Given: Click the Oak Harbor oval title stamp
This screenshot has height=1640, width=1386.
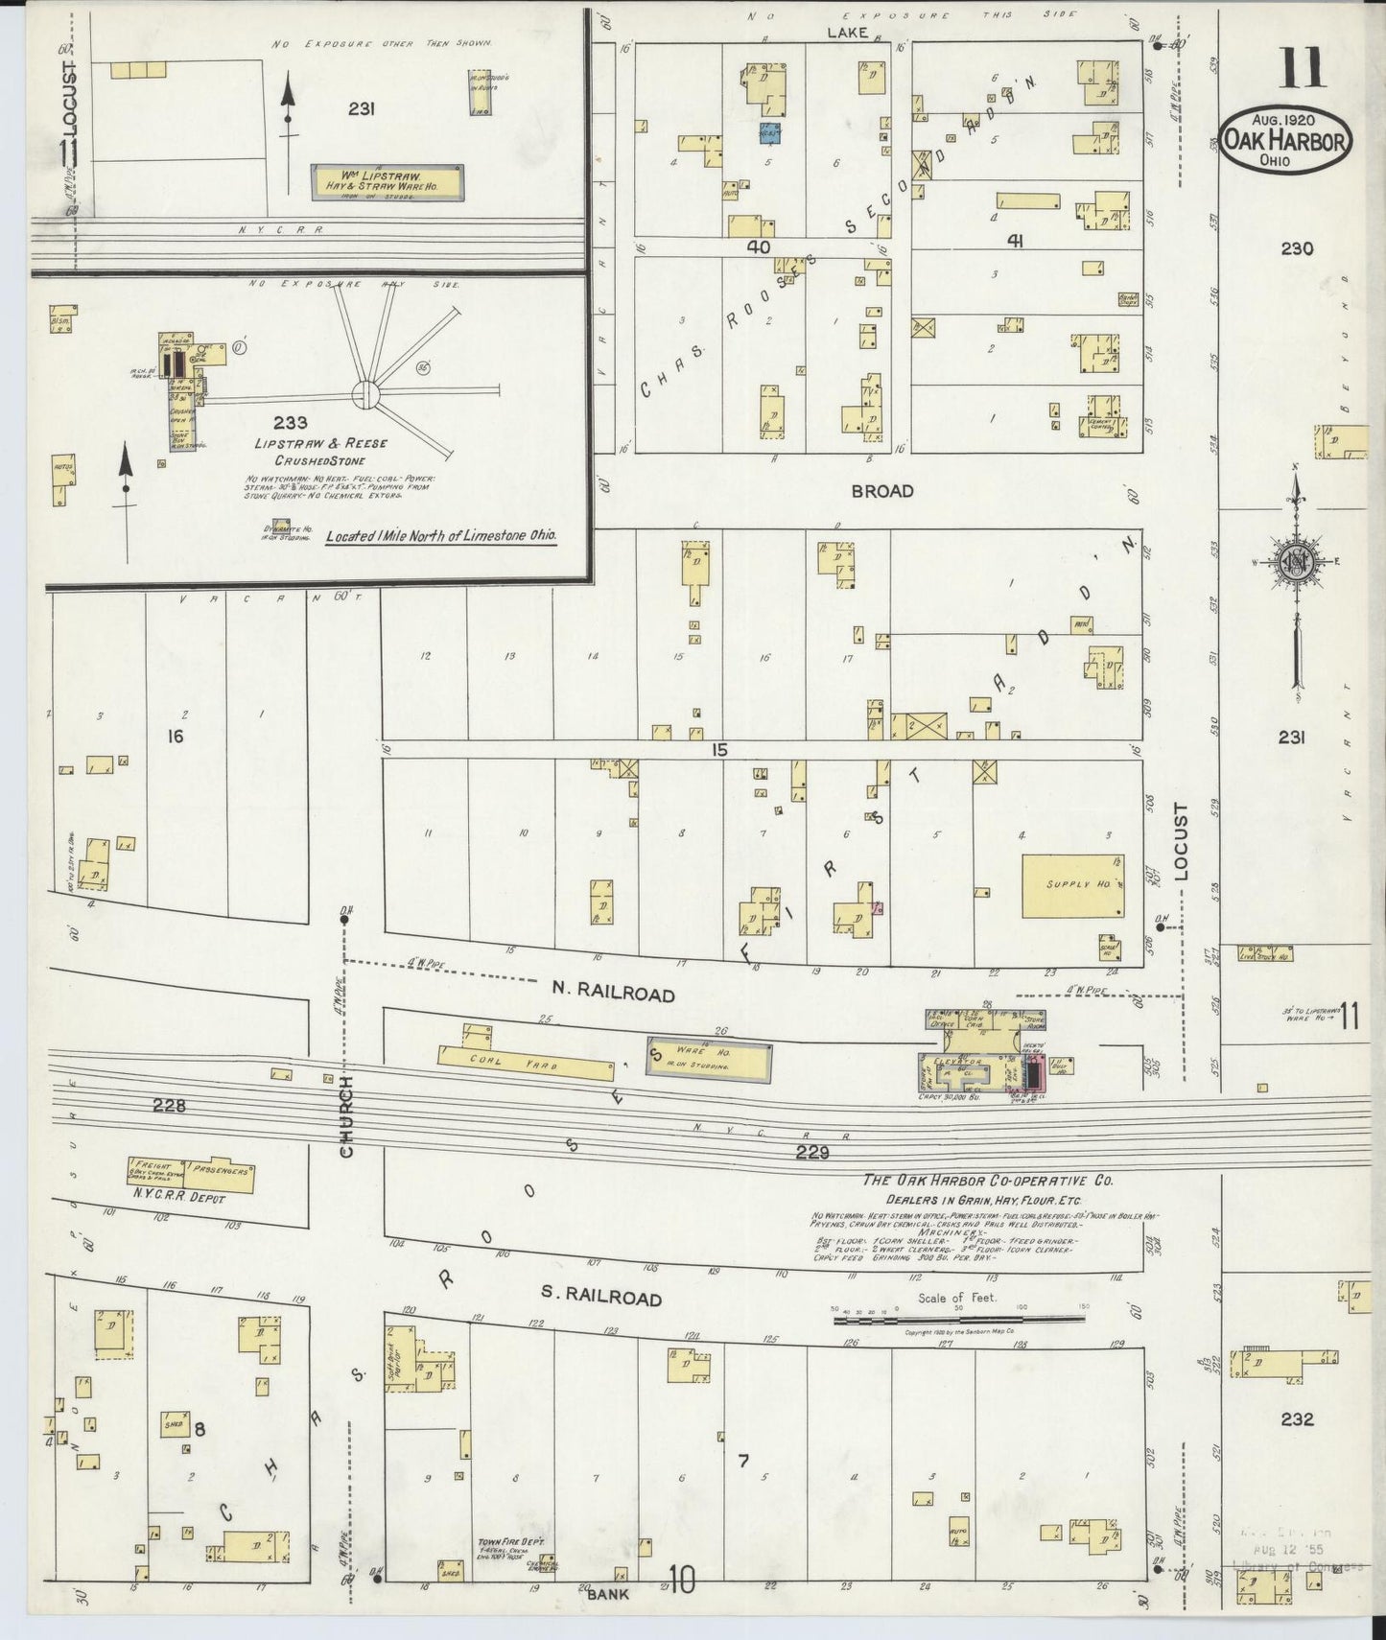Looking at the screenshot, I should click(x=1286, y=140).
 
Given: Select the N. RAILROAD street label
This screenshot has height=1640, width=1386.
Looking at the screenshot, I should click(x=611, y=993).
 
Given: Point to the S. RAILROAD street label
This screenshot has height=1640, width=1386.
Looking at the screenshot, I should click(x=600, y=1297).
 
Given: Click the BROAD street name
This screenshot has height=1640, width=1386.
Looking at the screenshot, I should click(x=882, y=490).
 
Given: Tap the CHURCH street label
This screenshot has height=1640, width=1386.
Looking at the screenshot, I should click(x=346, y=1115).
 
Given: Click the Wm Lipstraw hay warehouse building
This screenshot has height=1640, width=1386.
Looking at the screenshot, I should click(x=388, y=181).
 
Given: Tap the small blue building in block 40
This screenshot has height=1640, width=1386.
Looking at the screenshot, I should click(x=770, y=133).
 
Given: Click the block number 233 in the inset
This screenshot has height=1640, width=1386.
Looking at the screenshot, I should click(x=290, y=422).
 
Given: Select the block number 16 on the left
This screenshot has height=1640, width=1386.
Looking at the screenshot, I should click(x=175, y=737).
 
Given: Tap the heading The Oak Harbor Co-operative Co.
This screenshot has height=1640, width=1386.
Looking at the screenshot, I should click(x=987, y=1181).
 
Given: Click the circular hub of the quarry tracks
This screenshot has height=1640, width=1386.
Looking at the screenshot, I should click(x=364, y=392).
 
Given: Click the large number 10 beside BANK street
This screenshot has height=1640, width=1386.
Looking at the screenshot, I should click(x=681, y=1581).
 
